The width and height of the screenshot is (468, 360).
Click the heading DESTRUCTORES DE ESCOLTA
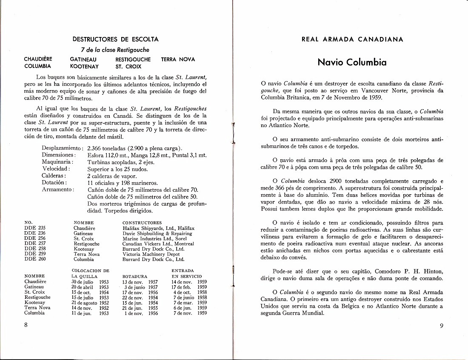coord(115,39)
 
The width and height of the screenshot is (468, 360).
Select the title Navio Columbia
coord(352,62)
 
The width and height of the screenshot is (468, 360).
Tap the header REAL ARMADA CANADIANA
coord(352,39)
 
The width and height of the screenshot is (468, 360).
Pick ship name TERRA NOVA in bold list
coord(178,60)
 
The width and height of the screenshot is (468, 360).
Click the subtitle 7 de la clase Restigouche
coord(115,50)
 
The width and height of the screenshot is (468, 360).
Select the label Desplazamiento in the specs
coord(62,148)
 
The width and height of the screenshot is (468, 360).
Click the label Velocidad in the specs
coord(56,169)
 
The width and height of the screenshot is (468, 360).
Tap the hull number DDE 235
coord(35,228)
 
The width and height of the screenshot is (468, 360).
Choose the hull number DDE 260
coord(35,259)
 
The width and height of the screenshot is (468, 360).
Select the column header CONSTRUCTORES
coord(142,223)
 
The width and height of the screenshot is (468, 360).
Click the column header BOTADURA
coord(135,276)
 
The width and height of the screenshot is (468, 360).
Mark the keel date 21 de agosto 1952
coord(90,302)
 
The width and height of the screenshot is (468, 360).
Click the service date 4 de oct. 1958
coord(189,292)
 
